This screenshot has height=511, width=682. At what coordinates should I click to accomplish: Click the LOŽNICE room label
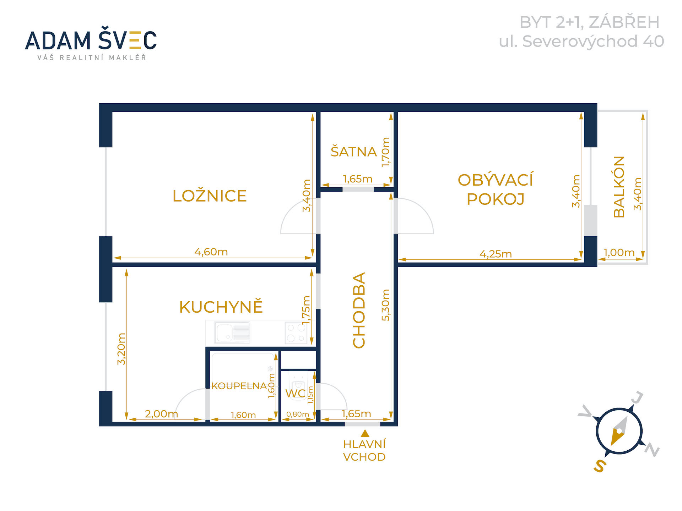(x=210, y=196)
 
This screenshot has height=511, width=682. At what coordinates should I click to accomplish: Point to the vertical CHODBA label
(x=359, y=310)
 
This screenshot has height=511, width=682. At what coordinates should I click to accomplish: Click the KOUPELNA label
(x=239, y=386)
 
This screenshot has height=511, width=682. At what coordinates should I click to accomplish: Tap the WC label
(x=296, y=393)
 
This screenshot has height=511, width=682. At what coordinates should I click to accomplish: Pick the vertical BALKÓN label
(x=619, y=187)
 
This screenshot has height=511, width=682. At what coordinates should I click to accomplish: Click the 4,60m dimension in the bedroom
(x=211, y=252)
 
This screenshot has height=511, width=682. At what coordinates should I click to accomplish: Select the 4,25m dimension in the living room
(x=496, y=254)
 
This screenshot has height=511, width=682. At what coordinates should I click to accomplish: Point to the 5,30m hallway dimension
(x=386, y=305)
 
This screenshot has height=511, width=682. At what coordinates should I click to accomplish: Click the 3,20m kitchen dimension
(x=121, y=349)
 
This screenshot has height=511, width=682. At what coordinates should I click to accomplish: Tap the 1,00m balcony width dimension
(x=619, y=252)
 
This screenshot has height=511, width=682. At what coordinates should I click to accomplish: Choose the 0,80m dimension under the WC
(x=298, y=414)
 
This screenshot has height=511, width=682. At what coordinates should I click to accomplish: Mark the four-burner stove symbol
(x=296, y=333)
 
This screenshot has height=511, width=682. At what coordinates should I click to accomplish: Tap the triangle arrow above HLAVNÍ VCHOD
(x=365, y=433)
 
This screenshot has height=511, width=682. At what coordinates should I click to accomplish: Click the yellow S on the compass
(x=600, y=466)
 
